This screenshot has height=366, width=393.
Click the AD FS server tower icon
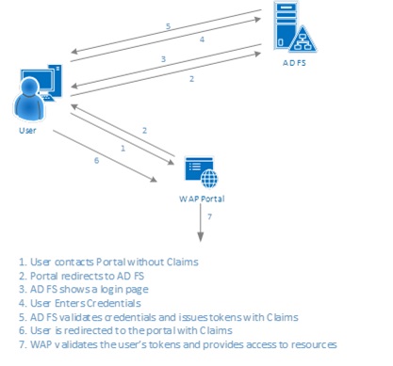[286, 25]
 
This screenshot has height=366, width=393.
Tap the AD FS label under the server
[294, 63]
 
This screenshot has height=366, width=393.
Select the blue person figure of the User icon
[29, 99]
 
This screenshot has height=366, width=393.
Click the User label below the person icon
[27, 131]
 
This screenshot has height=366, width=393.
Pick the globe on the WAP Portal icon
[209, 178]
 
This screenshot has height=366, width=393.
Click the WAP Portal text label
[202, 199]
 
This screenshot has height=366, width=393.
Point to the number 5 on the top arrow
[168, 26]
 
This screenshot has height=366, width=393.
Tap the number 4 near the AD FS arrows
[202, 40]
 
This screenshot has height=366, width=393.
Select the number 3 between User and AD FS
[163, 59]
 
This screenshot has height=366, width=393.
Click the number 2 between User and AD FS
[191, 79]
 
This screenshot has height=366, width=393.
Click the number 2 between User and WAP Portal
[144, 131]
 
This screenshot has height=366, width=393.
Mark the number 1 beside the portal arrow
[123, 148]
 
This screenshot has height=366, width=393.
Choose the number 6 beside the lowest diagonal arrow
[96, 161]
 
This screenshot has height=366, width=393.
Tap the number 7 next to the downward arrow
[209, 216]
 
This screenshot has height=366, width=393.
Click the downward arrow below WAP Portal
[201, 222]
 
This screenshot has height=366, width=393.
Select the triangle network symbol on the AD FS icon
[303, 40]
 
